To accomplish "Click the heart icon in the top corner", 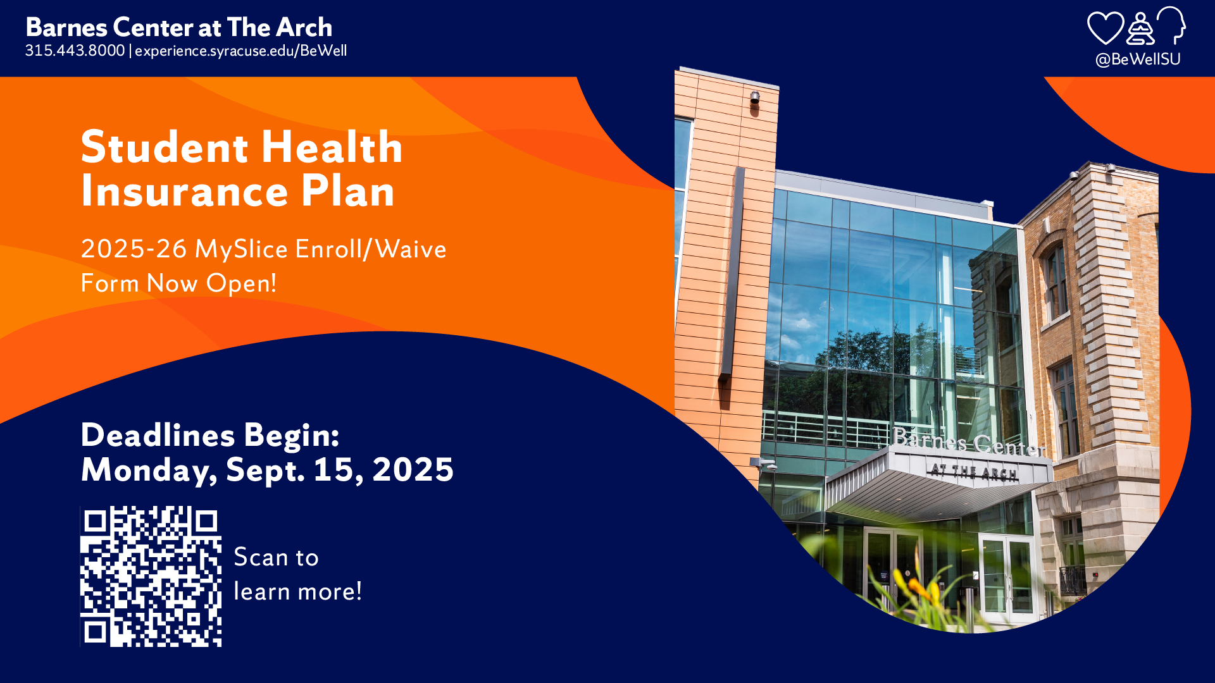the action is pyautogui.click(x=1105, y=28).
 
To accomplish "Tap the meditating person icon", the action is pyautogui.click(x=1140, y=28).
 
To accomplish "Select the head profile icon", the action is pyautogui.click(x=1171, y=25).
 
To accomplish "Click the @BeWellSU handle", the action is pyautogui.click(x=1138, y=59).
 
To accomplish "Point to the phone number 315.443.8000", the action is pyautogui.click(x=75, y=51).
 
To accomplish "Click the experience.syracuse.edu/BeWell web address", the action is pyautogui.click(x=240, y=51).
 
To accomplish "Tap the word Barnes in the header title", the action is pyautogui.click(x=66, y=27).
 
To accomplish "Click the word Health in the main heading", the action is pyautogui.click(x=332, y=147).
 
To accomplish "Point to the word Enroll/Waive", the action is pyautogui.click(x=371, y=249).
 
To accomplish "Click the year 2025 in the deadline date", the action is pyautogui.click(x=413, y=469).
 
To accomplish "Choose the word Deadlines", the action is pyautogui.click(x=158, y=435).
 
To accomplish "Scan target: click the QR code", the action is pyautogui.click(x=151, y=576).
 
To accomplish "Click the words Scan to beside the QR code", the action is pyautogui.click(x=276, y=557).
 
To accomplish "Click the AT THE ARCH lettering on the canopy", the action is pyautogui.click(x=973, y=472).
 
